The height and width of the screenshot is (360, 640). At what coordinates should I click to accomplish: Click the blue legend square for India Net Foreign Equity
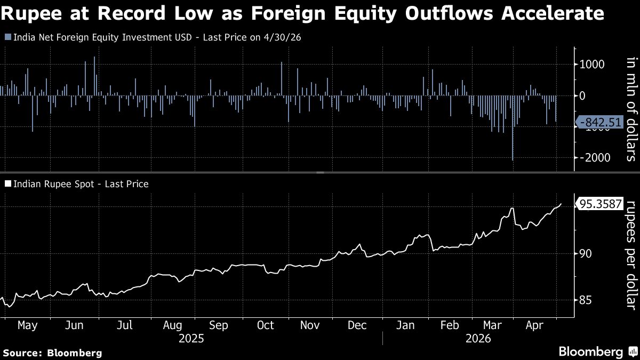(9, 37)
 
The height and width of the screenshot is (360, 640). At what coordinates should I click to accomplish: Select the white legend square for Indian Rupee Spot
(9, 183)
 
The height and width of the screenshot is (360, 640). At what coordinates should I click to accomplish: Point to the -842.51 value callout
(600, 122)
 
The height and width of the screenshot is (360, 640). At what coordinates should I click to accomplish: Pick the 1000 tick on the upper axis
(591, 65)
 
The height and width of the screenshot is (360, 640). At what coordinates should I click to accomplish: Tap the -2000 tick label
(595, 157)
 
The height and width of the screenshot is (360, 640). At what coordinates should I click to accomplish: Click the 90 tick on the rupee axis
(586, 254)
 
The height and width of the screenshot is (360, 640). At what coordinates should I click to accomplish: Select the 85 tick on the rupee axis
(586, 300)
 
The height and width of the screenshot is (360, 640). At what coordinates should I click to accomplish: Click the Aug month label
(172, 326)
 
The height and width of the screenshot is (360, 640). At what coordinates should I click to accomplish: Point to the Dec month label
(357, 325)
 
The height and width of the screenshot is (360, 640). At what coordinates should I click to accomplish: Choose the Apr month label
(534, 326)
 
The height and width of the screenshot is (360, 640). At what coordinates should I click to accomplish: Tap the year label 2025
(191, 339)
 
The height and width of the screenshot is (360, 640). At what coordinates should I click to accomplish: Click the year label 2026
(478, 339)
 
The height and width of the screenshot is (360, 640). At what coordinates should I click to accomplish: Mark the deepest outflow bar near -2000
(513, 128)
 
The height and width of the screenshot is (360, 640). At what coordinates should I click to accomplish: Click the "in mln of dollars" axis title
(632, 109)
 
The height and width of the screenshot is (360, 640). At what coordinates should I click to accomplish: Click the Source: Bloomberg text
(53, 353)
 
